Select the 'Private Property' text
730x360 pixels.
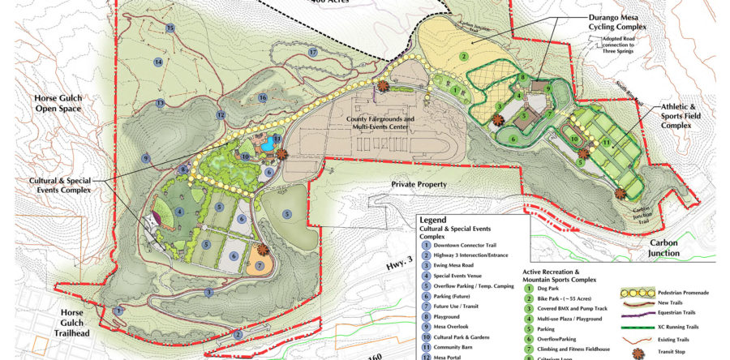click(x=419, y=184)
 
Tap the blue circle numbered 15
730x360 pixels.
click(x=170, y=28)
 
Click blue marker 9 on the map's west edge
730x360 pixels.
click(x=146, y=158)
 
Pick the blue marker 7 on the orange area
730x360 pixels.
click(x=260, y=265)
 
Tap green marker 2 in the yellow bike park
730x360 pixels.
click(x=463, y=56)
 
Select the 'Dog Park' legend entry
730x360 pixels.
click(x=556, y=289)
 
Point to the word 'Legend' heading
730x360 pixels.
click(x=434, y=219)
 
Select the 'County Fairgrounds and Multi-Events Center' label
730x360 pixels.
click(x=380, y=123)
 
